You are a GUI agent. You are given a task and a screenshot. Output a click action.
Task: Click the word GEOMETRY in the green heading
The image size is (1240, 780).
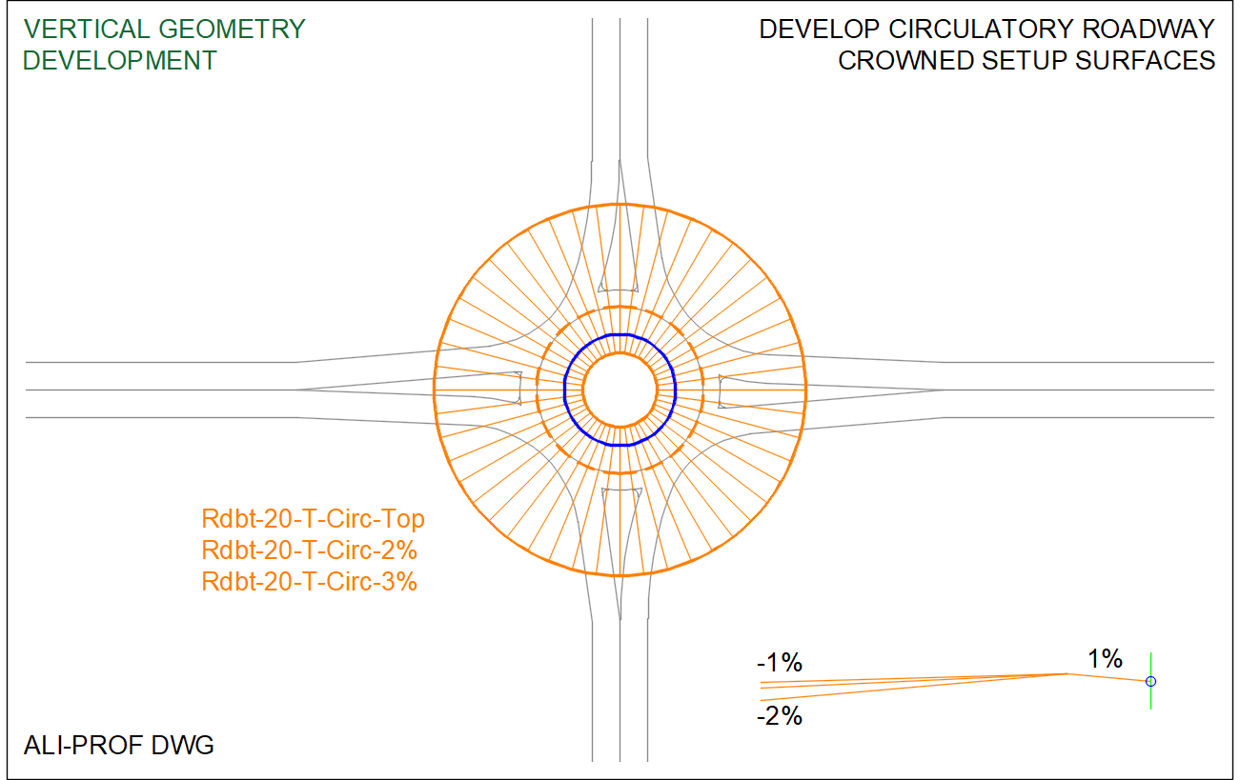tap(233, 29)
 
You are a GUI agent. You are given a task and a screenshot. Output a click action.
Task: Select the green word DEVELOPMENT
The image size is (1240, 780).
tap(119, 61)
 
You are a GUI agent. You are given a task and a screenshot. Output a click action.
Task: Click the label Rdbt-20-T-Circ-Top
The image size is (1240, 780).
tap(313, 519)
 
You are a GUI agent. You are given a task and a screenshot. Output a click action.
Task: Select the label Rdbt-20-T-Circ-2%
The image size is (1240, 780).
tap(309, 550)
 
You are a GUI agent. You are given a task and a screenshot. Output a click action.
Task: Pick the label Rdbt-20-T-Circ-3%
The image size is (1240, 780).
tap(309, 581)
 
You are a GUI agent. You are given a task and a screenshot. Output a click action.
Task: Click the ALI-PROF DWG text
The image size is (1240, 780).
tap(118, 746)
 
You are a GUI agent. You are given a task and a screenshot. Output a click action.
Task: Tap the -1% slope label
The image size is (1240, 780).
tap(780, 663)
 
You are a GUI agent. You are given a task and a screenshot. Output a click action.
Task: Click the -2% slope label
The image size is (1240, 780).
tap(780, 716)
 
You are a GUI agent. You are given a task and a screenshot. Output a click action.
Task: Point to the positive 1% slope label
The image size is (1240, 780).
tap(1105, 658)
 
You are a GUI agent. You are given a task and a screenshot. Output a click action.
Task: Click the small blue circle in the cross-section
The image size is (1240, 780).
tap(1150, 681)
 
